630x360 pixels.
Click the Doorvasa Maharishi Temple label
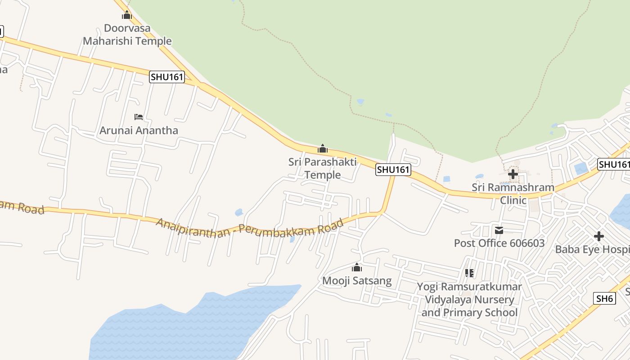127,35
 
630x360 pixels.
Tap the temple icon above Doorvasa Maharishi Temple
127,15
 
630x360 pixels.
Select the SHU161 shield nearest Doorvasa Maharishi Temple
167,77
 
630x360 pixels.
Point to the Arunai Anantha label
139,130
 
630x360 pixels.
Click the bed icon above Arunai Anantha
139,117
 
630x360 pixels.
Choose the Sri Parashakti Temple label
323,168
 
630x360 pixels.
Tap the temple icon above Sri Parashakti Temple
323,148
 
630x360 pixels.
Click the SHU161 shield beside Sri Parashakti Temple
393,170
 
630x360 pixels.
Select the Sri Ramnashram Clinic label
513,193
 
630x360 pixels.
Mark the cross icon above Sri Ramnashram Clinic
513,174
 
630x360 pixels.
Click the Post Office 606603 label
499,243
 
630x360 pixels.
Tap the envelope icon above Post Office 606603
499,230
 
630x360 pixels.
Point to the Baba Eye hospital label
592,249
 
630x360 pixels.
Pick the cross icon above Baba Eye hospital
598,236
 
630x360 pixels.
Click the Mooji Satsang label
357,281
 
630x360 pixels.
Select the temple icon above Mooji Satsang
357,268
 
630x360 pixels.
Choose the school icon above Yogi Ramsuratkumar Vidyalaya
469,273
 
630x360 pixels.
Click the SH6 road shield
604,298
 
